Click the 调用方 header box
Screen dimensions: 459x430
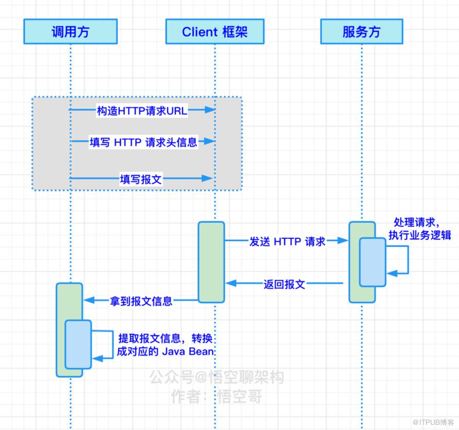[x=71, y=31]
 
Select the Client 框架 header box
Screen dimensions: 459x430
[x=215, y=31]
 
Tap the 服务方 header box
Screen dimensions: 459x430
[x=362, y=31]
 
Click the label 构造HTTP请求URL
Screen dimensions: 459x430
[x=142, y=111]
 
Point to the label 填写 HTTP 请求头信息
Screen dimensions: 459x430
[x=143, y=142]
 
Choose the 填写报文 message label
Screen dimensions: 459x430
[x=141, y=179]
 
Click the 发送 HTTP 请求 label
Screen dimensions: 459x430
[x=287, y=241]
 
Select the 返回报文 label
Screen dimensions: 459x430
[x=284, y=284]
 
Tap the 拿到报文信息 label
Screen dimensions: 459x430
[x=141, y=301]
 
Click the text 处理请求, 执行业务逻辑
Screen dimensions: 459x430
[x=419, y=228]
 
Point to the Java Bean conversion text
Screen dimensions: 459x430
[x=166, y=345]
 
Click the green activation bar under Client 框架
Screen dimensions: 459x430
[x=211, y=262]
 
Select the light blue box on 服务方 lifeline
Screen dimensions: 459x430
[x=373, y=262]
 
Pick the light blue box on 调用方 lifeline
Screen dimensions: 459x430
[x=78, y=344]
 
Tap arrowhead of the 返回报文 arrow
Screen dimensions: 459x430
[x=231, y=283]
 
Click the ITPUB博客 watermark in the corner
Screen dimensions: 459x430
[x=433, y=422]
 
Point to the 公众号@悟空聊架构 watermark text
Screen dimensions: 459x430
[x=217, y=377]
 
